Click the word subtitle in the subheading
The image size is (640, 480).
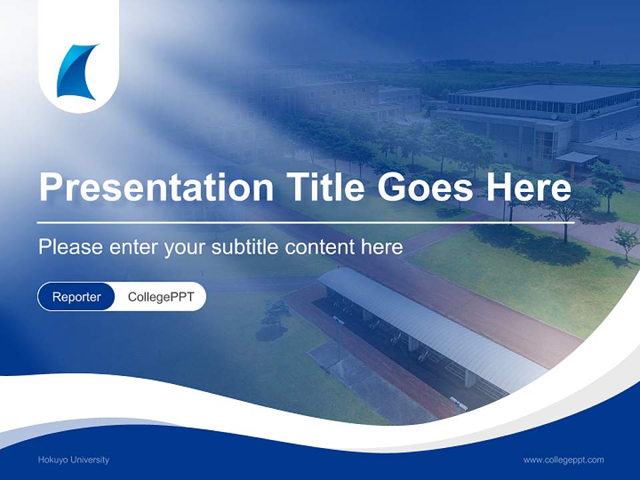click(x=245, y=247)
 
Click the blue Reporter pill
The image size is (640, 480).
click(x=76, y=297)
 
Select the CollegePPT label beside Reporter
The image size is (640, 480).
click(x=161, y=297)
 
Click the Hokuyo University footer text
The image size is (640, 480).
click(x=73, y=459)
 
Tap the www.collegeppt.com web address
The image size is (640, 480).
click(x=563, y=459)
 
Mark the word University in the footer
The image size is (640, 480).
click(x=90, y=459)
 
